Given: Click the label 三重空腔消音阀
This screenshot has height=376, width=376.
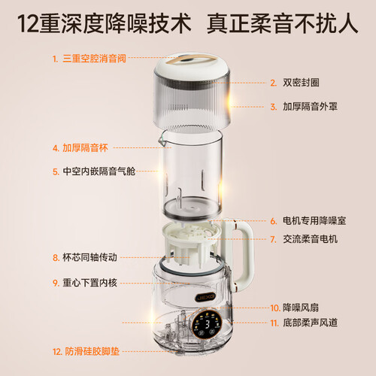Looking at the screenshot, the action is (x=94, y=59).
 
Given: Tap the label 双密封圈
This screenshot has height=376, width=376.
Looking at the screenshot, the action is (x=301, y=83).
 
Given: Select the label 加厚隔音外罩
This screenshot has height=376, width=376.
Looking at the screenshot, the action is (x=310, y=107).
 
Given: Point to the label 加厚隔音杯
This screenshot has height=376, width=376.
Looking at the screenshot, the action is (x=85, y=148).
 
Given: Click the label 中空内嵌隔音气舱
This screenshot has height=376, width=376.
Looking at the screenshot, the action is (x=99, y=171).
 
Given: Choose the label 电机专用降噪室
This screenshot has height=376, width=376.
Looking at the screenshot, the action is (x=314, y=221).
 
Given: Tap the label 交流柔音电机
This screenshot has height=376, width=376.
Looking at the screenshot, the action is (x=310, y=239).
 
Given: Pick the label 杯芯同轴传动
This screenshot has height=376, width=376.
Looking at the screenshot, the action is (x=89, y=257).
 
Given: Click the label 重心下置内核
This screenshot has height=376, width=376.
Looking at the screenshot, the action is (x=89, y=283).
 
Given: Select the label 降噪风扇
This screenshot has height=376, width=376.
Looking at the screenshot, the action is (x=301, y=308).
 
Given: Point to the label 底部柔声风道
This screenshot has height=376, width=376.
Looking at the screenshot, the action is (x=310, y=323).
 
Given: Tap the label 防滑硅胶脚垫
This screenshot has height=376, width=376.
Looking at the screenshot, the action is (x=92, y=351).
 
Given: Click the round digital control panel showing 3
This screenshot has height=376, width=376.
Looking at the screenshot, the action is (x=208, y=324).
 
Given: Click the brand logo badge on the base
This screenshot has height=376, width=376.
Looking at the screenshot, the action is (x=205, y=297).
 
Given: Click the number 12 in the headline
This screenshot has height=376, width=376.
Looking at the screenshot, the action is (x=28, y=24).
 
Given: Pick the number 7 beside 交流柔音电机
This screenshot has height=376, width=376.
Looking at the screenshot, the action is (x=273, y=239).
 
